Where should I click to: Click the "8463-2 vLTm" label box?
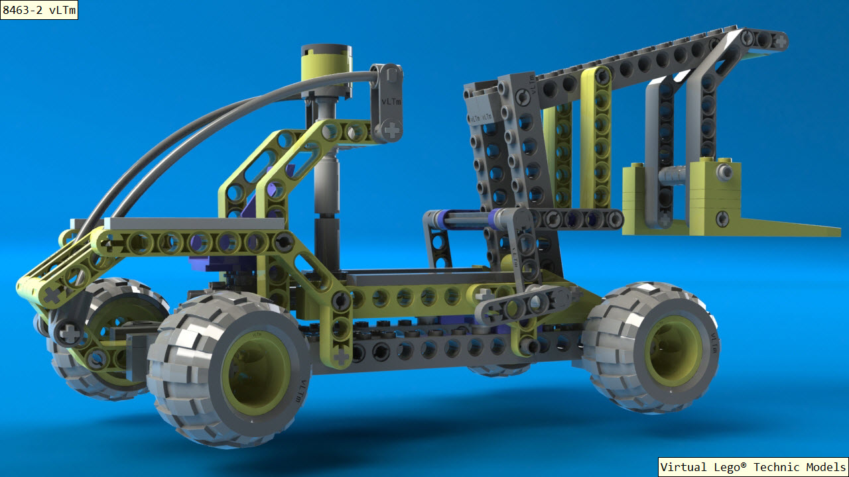tap(39, 10)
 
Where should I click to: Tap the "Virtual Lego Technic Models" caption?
tap(753, 467)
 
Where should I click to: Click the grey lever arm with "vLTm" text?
tap(387, 103)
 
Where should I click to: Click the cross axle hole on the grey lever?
tap(391, 131)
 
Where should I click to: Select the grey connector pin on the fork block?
tap(724, 172)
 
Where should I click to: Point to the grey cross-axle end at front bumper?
tap(68, 333)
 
